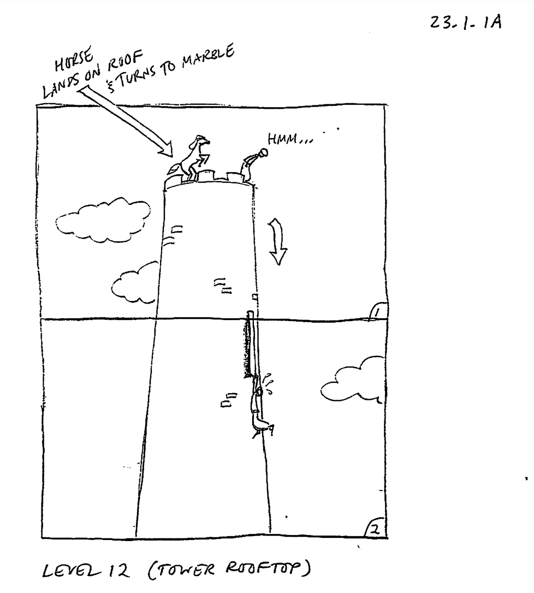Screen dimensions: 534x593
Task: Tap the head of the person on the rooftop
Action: tap(263, 152)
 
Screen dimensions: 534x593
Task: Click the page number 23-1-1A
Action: tap(466, 22)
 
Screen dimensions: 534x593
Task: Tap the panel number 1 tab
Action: tap(377, 312)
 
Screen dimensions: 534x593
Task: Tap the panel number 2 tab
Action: tap(375, 529)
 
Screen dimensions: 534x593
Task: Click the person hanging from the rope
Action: tap(260, 407)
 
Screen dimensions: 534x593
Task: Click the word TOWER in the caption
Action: tap(185, 570)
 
